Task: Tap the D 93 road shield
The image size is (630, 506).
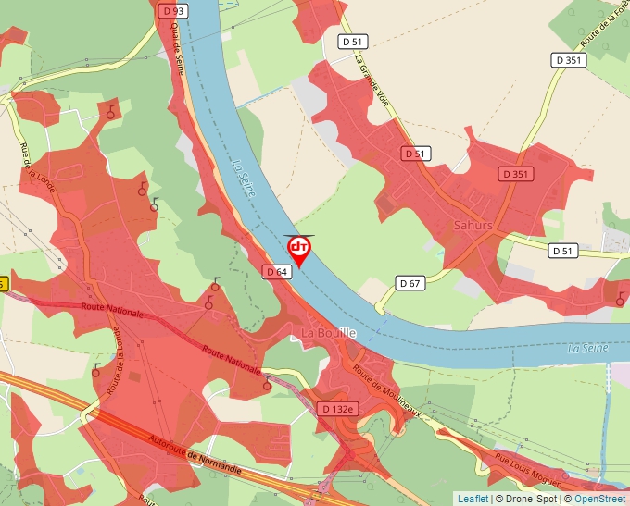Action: pos(171,10)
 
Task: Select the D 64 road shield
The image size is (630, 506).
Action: pos(277,272)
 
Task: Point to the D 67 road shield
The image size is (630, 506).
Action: pos(409,282)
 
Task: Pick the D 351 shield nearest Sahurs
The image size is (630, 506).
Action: pos(516,174)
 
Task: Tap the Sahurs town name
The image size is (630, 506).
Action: pos(473,225)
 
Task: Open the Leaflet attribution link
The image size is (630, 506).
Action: pos(472,499)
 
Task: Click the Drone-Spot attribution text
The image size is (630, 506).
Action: pos(529,499)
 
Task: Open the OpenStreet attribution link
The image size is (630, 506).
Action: pos(600,499)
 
